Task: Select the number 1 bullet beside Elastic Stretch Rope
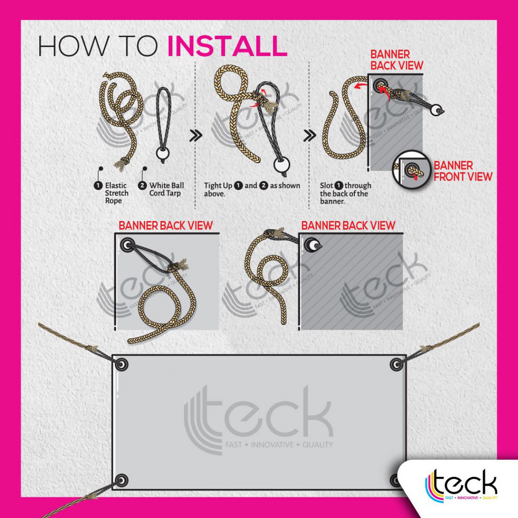tap(98, 186)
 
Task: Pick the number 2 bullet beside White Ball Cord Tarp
tap(142, 186)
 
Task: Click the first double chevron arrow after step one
tap(196, 136)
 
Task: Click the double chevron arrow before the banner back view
tap(310, 136)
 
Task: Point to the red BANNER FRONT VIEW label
tap(463, 171)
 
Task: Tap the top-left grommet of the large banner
tap(122, 364)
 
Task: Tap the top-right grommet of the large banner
tap(396, 364)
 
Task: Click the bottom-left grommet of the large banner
tap(122, 480)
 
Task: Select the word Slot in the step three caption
tap(326, 186)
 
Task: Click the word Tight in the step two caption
tap(214, 186)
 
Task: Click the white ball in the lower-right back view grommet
tap(313, 245)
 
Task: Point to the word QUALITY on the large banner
tap(317, 445)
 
